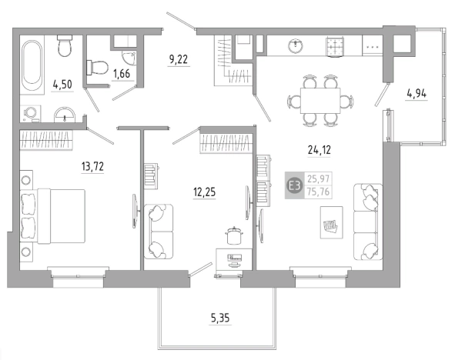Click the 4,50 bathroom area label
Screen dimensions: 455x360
pos(62,85)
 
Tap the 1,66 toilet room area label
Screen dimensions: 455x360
pos(122,74)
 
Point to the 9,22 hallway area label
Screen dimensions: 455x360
pos(179,59)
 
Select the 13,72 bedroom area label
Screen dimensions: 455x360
pos(92,167)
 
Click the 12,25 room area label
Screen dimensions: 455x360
pos(205,192)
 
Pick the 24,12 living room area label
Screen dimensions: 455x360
pos(320,150)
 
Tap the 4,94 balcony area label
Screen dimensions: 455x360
pos(417,94)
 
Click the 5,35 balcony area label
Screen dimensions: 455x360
pos(220,318)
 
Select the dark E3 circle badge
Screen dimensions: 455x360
pos(295,185)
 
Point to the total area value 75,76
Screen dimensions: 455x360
pos(318,192)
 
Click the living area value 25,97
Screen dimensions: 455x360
pos(318,178)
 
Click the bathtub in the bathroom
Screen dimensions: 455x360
pos(32,65)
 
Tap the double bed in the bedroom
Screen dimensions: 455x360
pos(52,216)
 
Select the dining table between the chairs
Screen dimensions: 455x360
pos(320,101)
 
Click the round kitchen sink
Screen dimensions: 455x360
pos(296,46)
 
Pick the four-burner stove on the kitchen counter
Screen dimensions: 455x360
pos(335,46)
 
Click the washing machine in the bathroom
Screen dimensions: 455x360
pos(30,113)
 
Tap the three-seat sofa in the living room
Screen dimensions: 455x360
pos(368,222)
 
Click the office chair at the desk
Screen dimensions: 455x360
pos(233,235)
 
